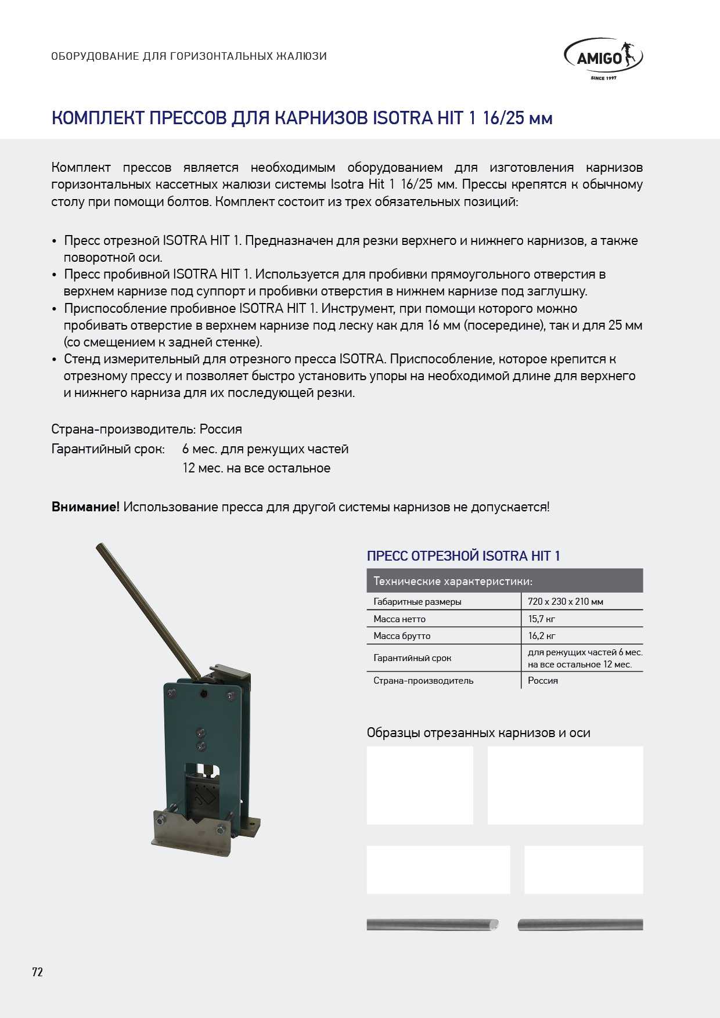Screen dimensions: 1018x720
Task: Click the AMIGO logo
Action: point(603,59)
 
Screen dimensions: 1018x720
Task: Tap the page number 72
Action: point(38,972)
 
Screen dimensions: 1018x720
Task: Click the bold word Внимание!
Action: point(85,507)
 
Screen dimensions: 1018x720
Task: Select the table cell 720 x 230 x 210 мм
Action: point(565,601)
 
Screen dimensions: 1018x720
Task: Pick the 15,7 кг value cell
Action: point(541,619)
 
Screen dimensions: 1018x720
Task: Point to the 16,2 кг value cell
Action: point(541,636)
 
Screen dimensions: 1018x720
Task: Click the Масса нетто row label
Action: point(399,619)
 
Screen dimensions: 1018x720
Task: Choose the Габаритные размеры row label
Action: point(417,601)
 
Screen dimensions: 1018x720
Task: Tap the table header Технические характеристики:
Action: point(453,581)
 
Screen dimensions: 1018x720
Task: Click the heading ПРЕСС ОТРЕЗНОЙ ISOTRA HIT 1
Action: point(463,556)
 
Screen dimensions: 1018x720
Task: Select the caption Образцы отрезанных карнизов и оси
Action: point(478,732)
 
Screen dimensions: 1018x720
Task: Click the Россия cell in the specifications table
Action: point(543,680)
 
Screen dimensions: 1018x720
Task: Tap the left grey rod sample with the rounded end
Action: point(432,925)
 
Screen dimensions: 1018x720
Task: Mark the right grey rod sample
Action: point(580,925)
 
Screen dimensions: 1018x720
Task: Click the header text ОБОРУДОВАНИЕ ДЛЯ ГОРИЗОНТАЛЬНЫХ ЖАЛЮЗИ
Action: point(189,56)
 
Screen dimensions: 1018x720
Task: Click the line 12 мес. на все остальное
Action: point(256,468)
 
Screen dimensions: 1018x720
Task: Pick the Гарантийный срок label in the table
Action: point(412,658)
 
